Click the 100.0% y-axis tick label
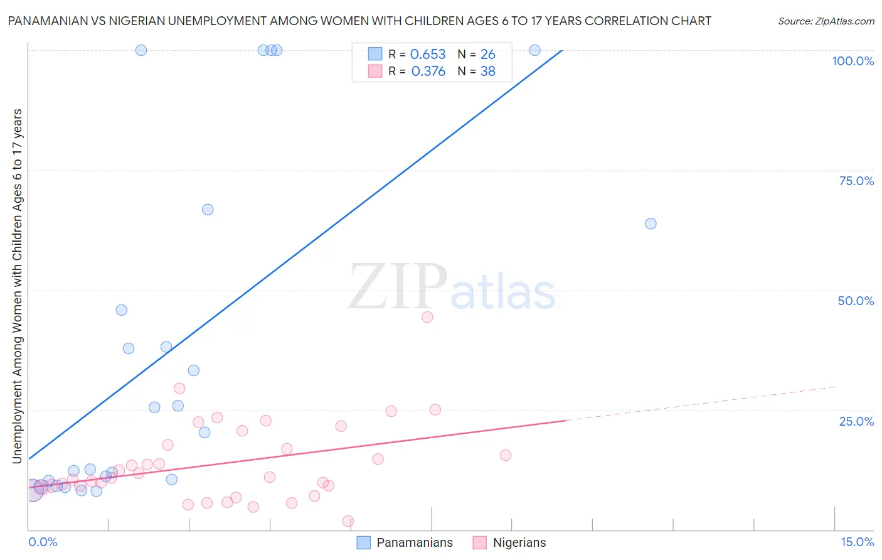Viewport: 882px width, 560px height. click(853, 61)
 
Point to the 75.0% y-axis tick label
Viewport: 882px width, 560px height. click(856, 181)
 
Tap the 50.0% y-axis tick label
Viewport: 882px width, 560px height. click(856, 301)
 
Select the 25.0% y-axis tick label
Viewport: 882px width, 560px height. click(856, 421)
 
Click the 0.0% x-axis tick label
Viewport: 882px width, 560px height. click(43, 542)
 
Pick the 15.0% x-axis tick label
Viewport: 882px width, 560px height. click(857, 542)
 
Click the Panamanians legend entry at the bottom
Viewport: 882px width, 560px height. click(414, 542)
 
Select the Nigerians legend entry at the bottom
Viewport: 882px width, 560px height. click(519, 542)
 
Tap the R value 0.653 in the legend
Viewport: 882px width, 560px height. click(428, 55)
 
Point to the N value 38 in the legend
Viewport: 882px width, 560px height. click(487, 72)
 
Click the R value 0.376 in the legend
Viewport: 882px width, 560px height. click(428, 72)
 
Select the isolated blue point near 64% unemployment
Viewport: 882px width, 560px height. click(651, 223)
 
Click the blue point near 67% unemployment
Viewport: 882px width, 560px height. click(208, 210)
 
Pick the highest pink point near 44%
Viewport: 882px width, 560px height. click(427, 317)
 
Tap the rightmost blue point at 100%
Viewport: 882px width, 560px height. click(534, 50)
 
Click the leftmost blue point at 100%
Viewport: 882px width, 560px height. click(141, 50)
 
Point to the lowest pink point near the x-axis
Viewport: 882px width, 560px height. click(348, 521)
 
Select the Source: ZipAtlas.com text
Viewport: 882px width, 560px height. click(826, 21)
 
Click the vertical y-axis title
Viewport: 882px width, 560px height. click(17, 286)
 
